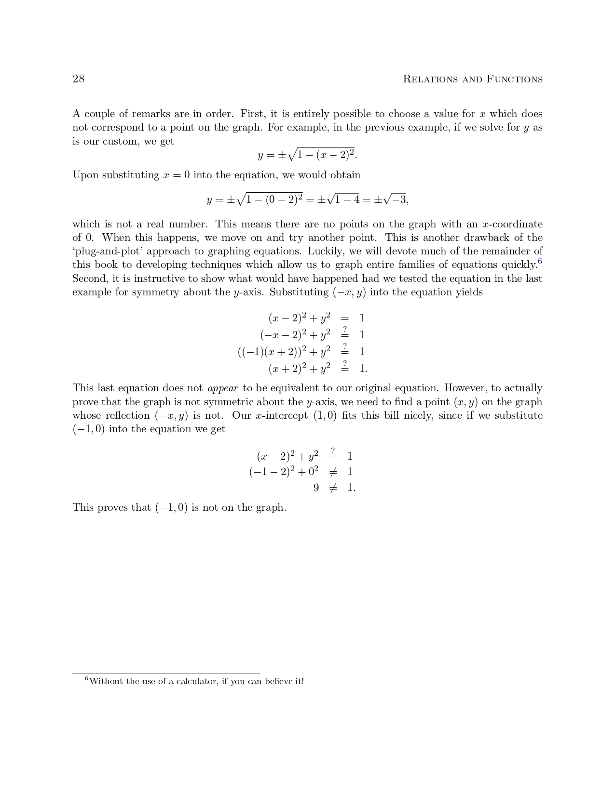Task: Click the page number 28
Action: point(78,79)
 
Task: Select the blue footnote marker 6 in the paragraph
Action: point(540,262)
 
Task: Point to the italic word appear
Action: point(223,388)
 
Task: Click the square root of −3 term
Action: point(396,199)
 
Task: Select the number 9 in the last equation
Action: point(316,488)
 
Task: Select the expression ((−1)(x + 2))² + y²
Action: point(284,352)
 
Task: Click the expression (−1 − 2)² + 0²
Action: point(284,472)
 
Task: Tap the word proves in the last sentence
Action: point(113,507)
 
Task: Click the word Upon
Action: point(83,175)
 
